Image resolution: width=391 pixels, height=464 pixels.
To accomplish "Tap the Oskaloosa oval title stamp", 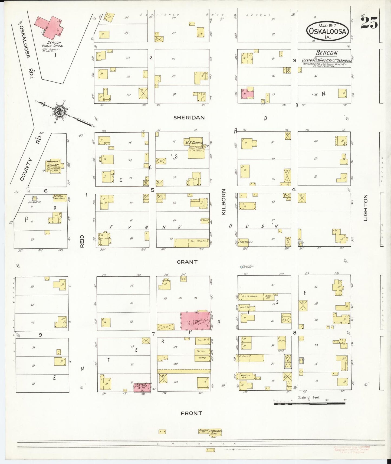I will [x=328, y=31].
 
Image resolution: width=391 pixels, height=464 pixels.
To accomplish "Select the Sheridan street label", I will [x=189, y=117].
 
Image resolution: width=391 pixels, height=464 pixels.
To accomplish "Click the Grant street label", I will [x=187, y=262].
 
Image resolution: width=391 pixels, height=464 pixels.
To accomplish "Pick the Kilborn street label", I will [x=224, y=202].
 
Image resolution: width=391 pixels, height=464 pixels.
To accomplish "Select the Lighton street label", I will [x=366, y=207].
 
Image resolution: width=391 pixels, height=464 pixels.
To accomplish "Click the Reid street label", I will [x=82, y=241].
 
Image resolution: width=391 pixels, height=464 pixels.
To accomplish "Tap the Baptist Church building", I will [x=53, y=166].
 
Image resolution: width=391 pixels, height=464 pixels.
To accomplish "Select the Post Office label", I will [x=245, y=242].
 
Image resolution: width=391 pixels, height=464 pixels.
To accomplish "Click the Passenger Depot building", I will [x=215, y=433].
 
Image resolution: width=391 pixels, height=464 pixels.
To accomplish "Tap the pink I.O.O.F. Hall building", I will [x=142, y=387].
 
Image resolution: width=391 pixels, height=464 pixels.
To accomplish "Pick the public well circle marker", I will [x=241, y=267].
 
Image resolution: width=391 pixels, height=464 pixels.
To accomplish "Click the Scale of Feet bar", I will [x=309, y=404].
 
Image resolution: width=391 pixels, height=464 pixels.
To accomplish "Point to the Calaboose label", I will [x=35, y=202].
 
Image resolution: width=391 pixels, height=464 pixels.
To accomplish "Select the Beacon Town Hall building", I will [x=59, y=198].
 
